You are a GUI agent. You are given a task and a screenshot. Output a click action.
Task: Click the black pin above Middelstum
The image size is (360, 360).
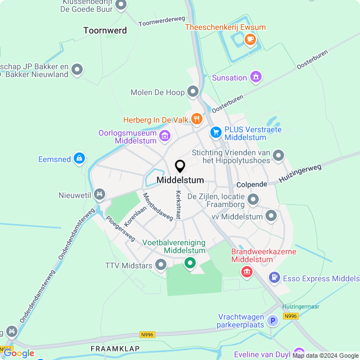tap(180, 166)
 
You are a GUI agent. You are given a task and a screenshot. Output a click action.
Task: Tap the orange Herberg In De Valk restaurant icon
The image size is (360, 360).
tap(196, 119)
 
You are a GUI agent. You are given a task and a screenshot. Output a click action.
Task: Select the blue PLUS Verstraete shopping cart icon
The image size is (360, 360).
tap(215, 132)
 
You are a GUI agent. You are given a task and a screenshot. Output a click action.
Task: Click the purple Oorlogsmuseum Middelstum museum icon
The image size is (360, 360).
tap(165, 135)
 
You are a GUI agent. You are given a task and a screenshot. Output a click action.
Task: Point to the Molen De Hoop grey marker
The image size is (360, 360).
tap(193, 91)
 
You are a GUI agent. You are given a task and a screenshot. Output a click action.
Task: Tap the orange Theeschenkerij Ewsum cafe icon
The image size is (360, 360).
tap(250, 39)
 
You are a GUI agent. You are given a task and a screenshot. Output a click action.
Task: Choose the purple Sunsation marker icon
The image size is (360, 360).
tap(256, 76)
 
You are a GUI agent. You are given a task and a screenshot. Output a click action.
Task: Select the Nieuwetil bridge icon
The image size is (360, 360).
tap(100, 195)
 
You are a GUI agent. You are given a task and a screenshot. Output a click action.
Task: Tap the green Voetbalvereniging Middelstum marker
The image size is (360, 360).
tap(190, 263)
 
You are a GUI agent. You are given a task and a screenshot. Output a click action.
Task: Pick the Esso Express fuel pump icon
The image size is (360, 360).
tap(274, 277)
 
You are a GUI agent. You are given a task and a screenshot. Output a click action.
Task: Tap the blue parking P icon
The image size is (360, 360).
tap(272, 321)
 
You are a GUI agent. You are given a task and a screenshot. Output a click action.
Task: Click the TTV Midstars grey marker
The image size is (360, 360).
tap(161, 264)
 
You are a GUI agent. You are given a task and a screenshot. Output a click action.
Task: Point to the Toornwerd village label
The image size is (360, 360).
tap(105, 30)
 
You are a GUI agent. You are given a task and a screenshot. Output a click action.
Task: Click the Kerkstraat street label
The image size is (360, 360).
tap(178, 204)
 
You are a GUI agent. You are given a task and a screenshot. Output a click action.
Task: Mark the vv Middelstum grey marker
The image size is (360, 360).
tap(271, 215)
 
